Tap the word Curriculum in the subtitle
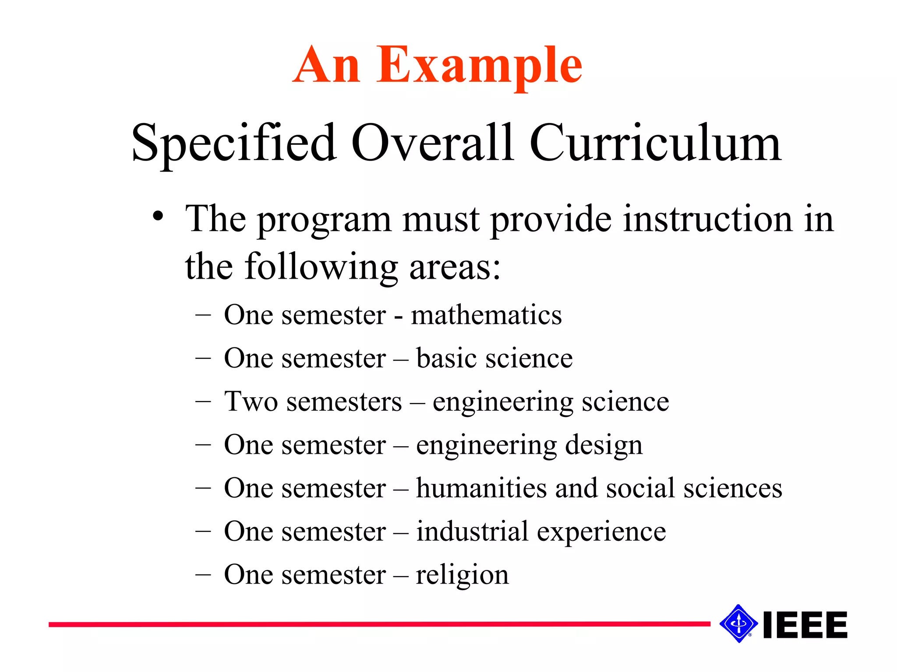click(655, 143)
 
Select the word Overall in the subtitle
click(433, 143)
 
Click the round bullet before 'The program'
click(158, 217)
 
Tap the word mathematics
click(486, 315)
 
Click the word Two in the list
click(251, 401)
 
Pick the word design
click(604, 445)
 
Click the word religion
click(463, 575)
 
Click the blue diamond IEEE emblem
click(738, 624)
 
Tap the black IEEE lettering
click(805, 625)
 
